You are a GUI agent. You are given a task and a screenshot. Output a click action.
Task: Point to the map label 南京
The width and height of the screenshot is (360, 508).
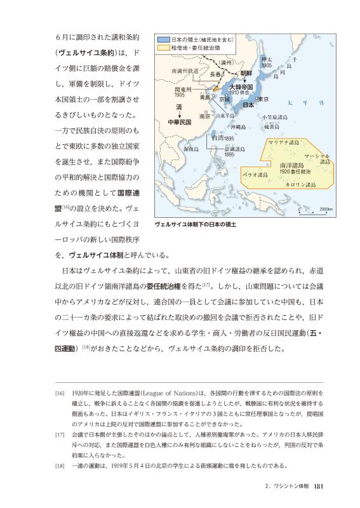point(204,117)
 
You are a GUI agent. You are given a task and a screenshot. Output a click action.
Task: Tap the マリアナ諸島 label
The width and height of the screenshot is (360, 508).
point(285,142)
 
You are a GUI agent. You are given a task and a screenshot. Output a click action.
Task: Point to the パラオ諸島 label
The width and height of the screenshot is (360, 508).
point(257,173)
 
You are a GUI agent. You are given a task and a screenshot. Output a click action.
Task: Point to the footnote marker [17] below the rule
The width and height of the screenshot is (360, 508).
point(60,436)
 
